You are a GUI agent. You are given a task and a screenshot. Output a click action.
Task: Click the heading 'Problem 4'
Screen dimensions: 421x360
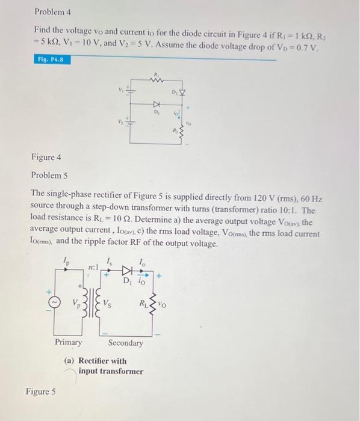pyautogui.click(x=52, y=11)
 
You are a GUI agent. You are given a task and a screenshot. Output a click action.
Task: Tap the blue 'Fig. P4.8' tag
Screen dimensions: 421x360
pyautogui.click(x=50, y=61)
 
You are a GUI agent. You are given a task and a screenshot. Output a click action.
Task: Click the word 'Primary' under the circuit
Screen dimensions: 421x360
pyautogui.click(x=69, y=342)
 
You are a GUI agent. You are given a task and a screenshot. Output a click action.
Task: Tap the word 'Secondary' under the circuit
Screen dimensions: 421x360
pyautogui.click(x=126, y=343)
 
